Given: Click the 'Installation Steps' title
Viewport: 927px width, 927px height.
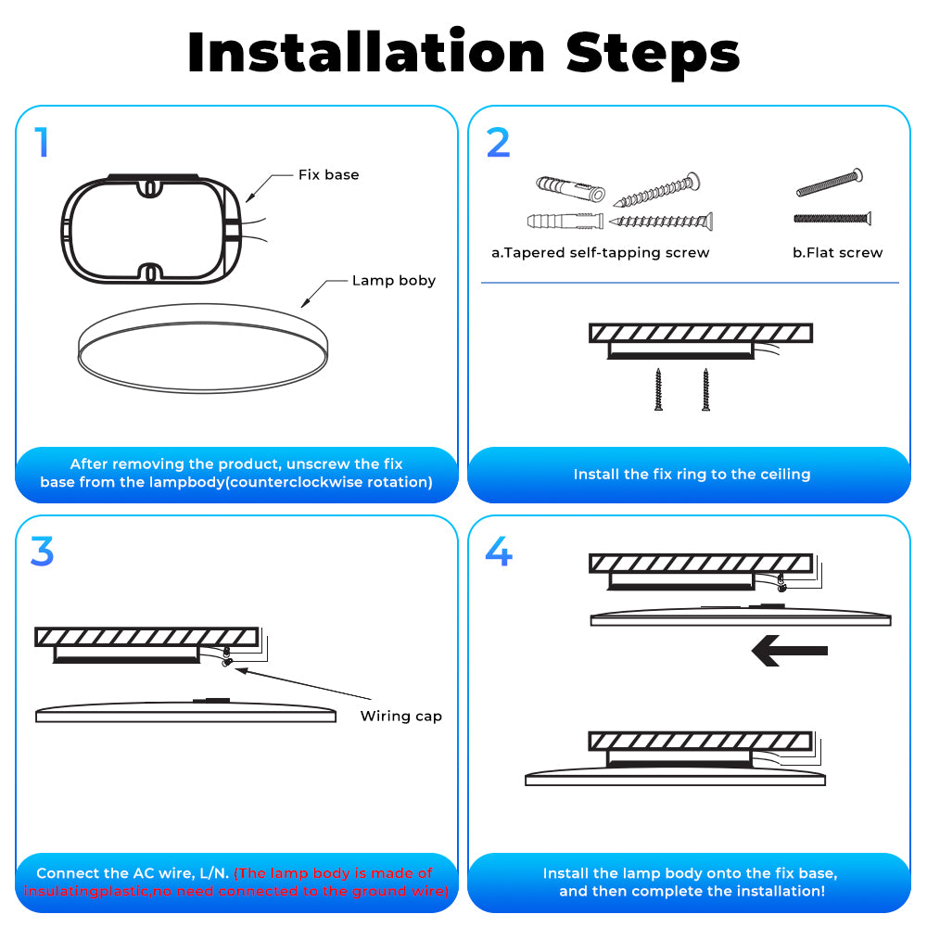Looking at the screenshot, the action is click(x=463, y=53).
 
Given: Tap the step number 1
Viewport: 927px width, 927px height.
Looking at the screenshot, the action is click(x=42, y=143).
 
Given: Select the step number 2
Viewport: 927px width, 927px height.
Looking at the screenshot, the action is click(x=499, y=143).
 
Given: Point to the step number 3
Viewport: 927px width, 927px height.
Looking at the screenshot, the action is click(x=42, y=552).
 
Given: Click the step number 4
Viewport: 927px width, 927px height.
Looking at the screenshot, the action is click(x=499, y=551).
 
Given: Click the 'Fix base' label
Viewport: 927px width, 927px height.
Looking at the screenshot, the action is click(x=329, y=174).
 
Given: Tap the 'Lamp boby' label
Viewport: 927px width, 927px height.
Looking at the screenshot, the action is click(x=394, y=280).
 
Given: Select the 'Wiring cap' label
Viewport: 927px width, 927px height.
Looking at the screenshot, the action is click(x=400, y=716).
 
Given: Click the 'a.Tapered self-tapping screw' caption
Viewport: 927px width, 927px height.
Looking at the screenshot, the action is click(x=600, y=253).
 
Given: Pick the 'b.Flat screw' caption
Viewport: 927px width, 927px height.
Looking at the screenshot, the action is click(x=838, y=252).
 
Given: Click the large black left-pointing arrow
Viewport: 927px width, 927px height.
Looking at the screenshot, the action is click(x=789, y=651).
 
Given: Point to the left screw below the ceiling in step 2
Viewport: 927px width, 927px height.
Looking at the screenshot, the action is click(x=658, y=389).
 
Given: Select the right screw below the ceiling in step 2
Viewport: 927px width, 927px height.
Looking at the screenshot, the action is click(x=705, y=389).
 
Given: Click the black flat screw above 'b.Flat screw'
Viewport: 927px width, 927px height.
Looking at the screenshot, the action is click(x=832, y=219).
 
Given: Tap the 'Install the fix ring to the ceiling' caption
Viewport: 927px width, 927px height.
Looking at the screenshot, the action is click(x=692, y=474).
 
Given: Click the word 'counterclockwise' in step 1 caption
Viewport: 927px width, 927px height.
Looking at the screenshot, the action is click(x=297, y=482).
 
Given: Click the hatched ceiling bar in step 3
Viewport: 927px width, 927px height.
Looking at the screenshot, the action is click(x=146, y=637).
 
